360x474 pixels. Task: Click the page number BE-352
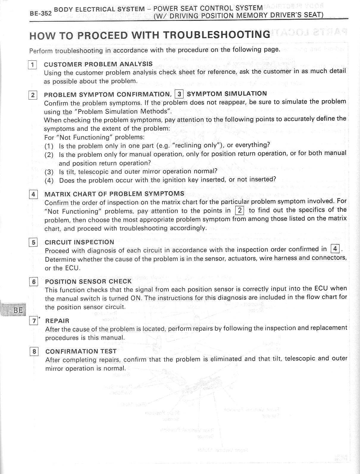pos(41,13)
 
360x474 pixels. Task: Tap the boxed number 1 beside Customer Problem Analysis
pos(32,65)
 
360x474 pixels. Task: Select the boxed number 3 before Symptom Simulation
pos(179,94)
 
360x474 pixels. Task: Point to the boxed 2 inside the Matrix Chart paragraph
pos(240,211)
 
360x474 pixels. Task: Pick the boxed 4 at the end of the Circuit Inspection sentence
pos(335,249)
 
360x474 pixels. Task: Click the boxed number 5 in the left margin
pos(33,243)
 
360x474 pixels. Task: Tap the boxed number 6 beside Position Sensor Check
pos(34,282)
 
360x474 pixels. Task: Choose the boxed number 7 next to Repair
pos(34,321)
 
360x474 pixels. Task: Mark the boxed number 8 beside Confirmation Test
pos(34,352)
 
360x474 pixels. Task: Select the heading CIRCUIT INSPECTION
pos(79,242)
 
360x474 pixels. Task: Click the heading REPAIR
pos(57,321)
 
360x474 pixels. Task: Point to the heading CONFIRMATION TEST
pos(81,351)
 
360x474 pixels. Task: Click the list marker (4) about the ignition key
pos(49,181)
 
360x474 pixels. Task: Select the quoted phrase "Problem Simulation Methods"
pos(122,112)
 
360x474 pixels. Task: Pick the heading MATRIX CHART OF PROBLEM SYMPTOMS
pos(114,194)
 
